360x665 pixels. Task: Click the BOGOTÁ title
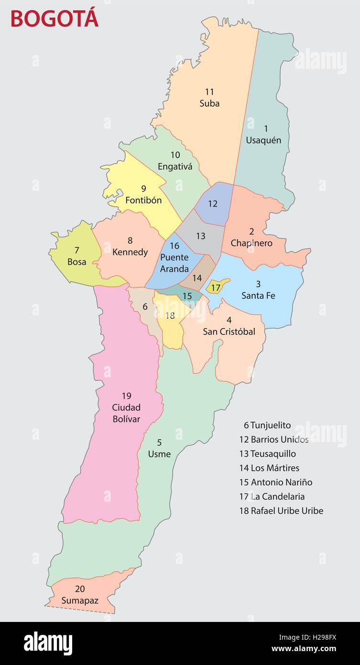54,18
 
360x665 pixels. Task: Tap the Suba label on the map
209,103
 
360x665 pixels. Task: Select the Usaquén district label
263,140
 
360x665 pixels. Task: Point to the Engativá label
175,166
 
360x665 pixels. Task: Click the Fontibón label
143,200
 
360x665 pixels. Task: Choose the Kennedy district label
130,252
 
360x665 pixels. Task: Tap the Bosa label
77,262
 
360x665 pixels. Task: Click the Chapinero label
251,243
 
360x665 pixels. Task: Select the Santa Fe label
258,295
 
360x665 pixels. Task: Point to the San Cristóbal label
229,331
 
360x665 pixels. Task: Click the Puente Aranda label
174,263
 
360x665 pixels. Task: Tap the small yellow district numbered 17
216,288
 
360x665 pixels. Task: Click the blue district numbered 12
213,204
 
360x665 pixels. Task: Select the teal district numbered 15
187,296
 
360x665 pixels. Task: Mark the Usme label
159,454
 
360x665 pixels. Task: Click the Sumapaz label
80,600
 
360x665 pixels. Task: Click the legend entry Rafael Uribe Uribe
281,510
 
